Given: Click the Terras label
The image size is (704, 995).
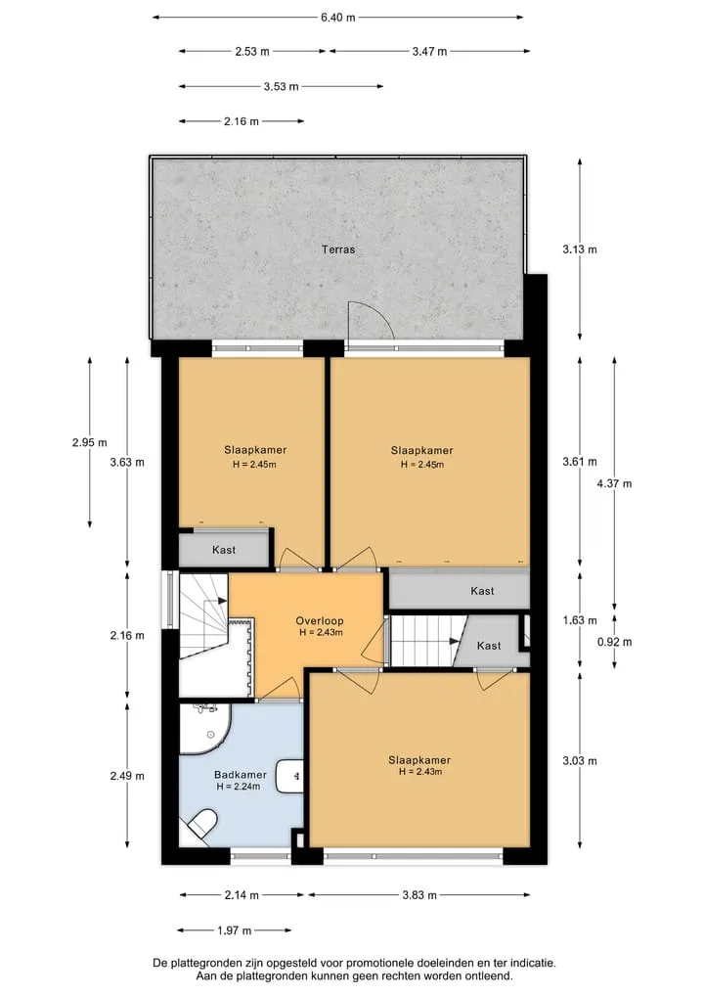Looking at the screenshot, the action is point(338,249).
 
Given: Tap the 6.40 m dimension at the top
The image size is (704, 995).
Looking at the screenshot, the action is point(337,18).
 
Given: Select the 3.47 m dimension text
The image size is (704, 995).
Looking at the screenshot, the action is point(429,52).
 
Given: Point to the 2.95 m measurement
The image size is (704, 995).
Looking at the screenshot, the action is point(89,442).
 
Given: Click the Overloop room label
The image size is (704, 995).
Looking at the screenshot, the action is point(320,620).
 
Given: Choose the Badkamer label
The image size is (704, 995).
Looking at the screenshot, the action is point(241,774).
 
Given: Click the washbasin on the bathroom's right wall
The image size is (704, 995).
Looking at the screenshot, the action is point(290,775).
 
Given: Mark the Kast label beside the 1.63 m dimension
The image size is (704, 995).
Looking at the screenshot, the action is point(482,591).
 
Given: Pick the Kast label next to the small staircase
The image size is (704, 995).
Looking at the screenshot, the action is point(488,646).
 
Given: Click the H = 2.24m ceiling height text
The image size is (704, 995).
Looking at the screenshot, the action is point(239,787).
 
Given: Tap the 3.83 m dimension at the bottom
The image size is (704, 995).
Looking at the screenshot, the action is point(419,895).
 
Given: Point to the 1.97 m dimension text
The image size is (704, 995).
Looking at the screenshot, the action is point(234,930).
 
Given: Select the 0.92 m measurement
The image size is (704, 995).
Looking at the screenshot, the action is point(614,642).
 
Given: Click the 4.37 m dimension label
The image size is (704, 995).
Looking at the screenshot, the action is point(614,483).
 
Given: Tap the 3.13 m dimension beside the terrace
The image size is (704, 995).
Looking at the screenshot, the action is point(579,249).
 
